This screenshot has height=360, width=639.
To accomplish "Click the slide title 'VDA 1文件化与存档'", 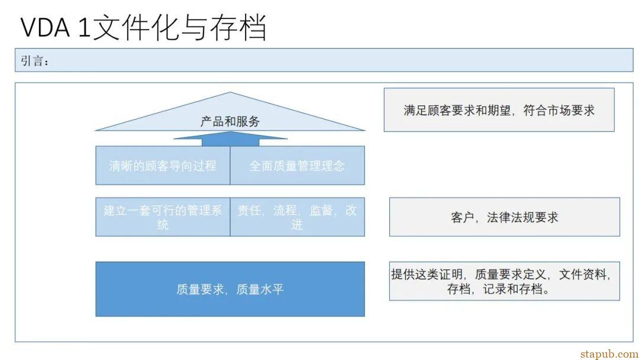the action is (143, 27).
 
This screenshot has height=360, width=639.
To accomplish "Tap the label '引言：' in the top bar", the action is (35, 61).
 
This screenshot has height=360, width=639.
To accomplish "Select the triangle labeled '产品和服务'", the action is (230, 111).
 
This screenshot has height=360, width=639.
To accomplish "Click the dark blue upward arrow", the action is (230, 139).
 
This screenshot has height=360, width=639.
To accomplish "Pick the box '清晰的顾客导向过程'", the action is (163, 166).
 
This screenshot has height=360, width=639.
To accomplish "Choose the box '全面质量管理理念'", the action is (298, 166).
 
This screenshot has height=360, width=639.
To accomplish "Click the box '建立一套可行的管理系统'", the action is (163, 217).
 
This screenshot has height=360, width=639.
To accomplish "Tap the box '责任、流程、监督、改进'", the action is (298, 217).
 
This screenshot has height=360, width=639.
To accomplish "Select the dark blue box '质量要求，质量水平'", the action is (230, 289).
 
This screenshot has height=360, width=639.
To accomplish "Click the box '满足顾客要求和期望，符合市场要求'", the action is (499, 110).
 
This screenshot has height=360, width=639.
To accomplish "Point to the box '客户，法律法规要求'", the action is (505, 217).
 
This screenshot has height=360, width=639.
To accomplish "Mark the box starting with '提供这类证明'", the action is (505, 281).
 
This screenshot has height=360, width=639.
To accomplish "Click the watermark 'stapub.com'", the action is (609, 353).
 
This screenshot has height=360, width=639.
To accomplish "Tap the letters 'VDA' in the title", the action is (45, 28).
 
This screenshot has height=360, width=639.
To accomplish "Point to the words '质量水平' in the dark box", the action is (260, 290).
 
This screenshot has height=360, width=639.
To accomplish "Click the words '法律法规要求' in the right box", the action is (522, 217).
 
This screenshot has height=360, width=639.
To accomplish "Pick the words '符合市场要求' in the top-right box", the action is (559, 110).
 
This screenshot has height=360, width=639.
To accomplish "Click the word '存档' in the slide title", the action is (238, 27).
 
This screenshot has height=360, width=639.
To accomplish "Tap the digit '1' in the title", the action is (84, 28).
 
